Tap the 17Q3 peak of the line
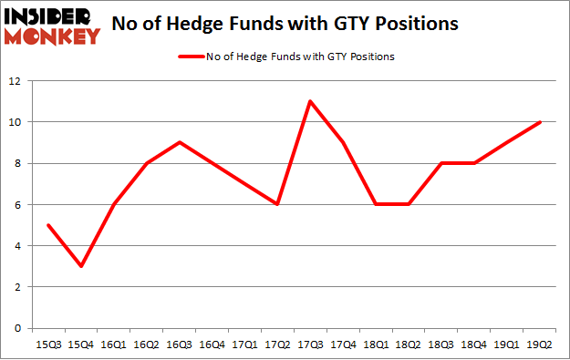point(311,101)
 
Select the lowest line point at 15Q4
point(81,266)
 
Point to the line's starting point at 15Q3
point(48,225)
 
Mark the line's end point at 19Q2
point(541,122)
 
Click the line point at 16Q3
point(180,142)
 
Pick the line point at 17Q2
point(278,204)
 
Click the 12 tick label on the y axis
point(16,81)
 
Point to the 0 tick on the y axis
point(18,328)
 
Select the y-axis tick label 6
point(18,204)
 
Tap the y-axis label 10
point(16,122)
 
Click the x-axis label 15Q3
point(48,345)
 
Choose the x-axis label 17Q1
point(245,345)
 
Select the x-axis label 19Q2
point(541,345)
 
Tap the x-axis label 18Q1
point(377,345)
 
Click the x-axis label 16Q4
point(212,345)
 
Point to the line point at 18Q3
point(442,163)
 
